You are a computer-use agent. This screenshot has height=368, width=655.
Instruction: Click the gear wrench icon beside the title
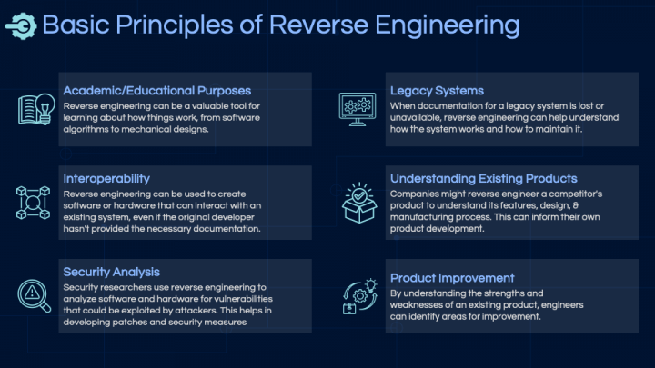(21, 26)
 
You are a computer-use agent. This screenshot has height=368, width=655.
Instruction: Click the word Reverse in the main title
(318, 25)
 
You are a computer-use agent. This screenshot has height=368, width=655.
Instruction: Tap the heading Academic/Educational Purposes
(157, 91)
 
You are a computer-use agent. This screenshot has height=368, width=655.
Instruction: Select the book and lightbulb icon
(36, 109)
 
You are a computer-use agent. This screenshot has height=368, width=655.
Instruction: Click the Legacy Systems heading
(437, 91)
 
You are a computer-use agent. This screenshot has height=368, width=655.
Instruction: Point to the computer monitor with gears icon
(358, 109)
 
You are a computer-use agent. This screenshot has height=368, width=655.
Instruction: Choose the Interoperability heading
(106, 179)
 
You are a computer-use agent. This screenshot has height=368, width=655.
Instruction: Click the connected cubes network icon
(33, 203)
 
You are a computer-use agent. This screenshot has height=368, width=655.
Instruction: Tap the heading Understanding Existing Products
(483, 179)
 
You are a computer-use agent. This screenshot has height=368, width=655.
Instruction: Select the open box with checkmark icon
(359, 203)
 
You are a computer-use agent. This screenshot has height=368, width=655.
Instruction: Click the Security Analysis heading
(112, 272)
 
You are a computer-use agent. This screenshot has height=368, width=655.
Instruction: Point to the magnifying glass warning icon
(35, 296)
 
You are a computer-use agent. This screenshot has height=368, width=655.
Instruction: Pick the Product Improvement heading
(452, 278)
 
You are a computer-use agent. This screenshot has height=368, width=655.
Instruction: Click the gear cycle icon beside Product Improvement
(359, 296)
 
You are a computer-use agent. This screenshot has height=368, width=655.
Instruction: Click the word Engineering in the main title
(448, 25)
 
